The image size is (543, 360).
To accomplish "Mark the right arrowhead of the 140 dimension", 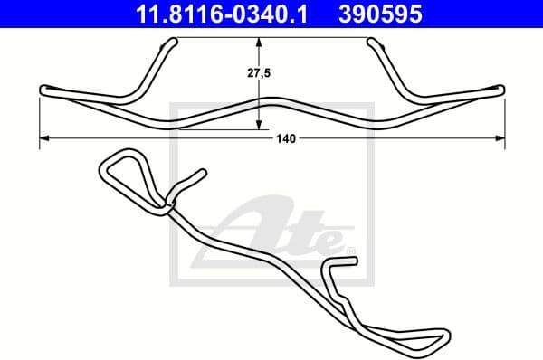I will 501,138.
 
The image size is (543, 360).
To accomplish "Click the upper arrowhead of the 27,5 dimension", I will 260,42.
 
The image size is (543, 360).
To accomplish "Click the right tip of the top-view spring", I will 500,88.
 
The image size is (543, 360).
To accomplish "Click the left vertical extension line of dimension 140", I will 42,118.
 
